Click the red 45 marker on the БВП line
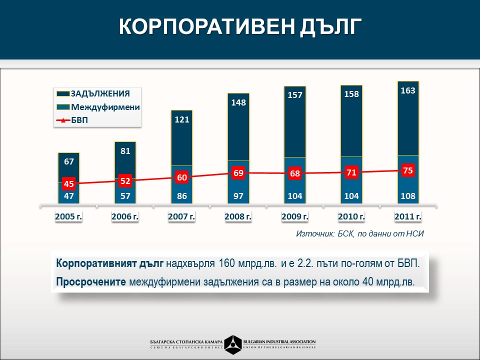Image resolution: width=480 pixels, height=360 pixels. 69,184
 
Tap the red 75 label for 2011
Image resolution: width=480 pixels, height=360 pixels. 408,170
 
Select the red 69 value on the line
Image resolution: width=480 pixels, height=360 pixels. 238,173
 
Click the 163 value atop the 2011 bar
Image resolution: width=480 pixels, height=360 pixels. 408,90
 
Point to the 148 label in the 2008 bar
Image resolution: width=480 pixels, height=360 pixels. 238,102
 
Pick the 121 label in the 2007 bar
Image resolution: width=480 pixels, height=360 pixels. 181,119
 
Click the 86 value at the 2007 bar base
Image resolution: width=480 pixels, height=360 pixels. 181,196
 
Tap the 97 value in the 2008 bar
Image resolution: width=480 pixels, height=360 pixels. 238,196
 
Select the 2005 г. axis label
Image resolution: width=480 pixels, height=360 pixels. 68,216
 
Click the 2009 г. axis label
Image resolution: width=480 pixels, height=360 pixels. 294,216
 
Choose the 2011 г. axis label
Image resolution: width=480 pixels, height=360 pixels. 408,216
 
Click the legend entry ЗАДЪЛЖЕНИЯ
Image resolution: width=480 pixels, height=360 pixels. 100,93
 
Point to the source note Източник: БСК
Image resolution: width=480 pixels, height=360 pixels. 359,233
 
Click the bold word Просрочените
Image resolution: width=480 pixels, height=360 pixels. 91,281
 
